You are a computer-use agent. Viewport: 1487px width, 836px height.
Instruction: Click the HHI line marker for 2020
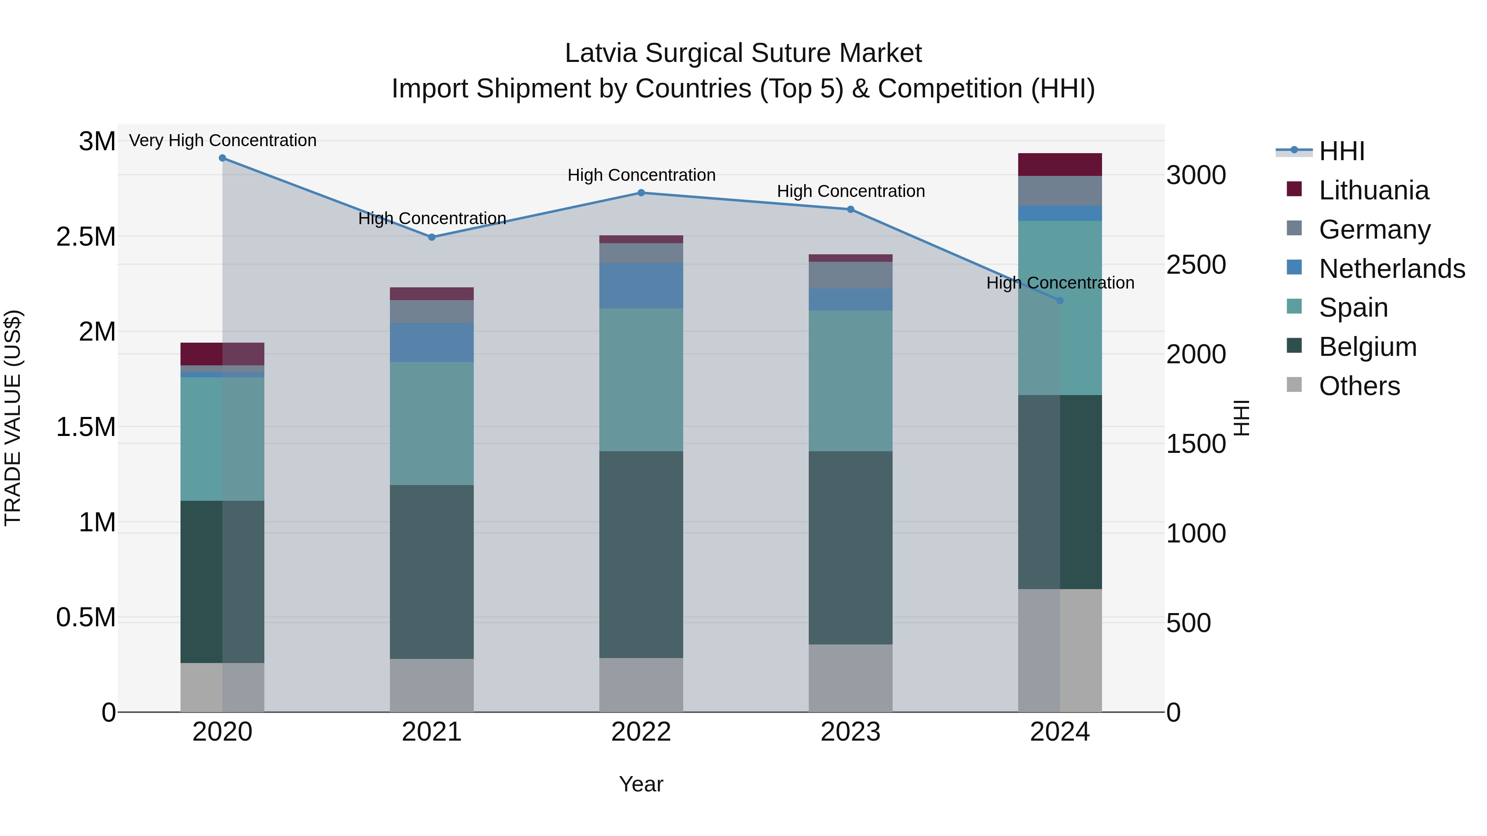pos(222,158)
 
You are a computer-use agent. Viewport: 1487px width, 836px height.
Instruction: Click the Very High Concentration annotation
pos(222,140)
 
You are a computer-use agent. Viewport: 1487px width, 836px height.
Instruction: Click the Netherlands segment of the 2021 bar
pos(431,342)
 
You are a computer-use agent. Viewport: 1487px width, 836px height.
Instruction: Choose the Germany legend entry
pos(1374,229)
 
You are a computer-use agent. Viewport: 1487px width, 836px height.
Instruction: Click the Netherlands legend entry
pos(1392,268)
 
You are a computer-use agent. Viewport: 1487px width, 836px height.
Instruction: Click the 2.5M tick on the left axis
pos(86,237)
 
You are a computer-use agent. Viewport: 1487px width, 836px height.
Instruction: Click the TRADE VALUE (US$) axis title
pos(13,418)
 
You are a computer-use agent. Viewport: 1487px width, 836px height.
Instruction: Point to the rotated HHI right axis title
pos(1241,418)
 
